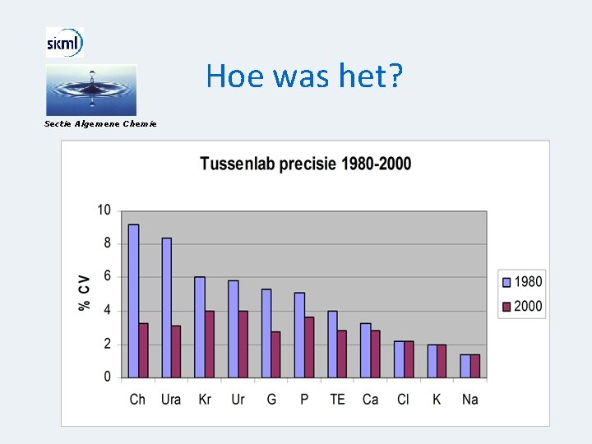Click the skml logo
tap(64, 42)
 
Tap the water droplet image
tap(90, 90)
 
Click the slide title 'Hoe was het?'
tap(304, 76)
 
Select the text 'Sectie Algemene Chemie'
tap(100, 123)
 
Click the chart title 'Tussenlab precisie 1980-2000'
tap(305, 164)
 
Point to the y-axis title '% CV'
tap(84, 292)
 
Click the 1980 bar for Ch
tap(133, 301)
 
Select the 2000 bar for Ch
tap(143, 350)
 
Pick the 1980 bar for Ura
tap(167, 308)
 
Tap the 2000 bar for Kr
tap(210, 344)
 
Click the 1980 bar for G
tap(266, 333)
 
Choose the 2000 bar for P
tap(309, 347)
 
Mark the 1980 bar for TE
tap(332, 344)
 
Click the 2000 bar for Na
tap(475, 366)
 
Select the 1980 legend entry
tap(522, 282)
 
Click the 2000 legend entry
tap(522, 306)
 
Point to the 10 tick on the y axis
tap(104, 210)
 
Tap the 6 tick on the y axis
tap(107, 277)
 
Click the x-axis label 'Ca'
tap(370, 400)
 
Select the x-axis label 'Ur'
tap(238, 400)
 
